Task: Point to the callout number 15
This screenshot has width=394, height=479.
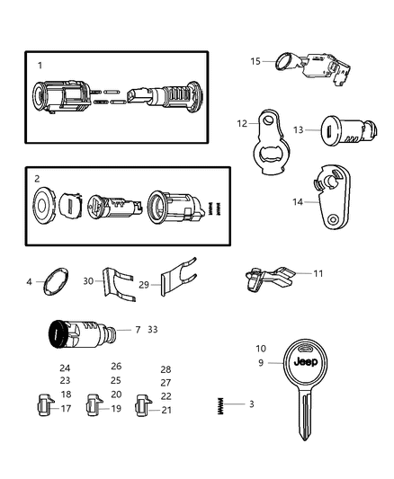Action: tap(255, 61)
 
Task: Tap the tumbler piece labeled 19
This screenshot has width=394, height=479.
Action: tap(94, 406)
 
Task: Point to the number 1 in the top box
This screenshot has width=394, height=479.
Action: tap(40, 66)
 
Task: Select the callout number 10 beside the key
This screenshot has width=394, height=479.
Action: tap(261, 348)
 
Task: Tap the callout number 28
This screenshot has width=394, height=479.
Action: tap(166, 369)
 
